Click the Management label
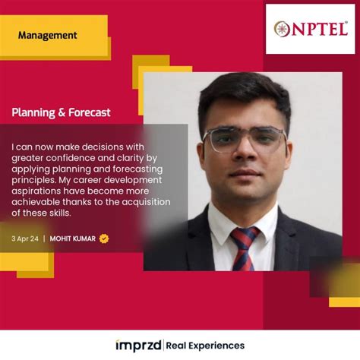click(x=47, y=35)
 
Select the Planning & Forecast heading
click(x=61, y=112)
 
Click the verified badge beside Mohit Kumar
click(x=104, y=238)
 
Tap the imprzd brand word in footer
click(x=138, y=346)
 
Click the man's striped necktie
click(x=245, y=246)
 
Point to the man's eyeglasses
click(x=245, y=139)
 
